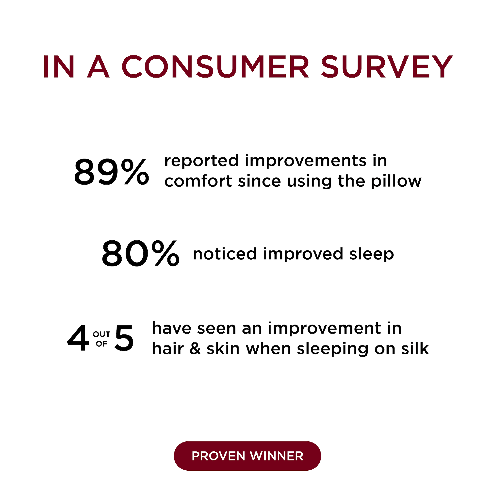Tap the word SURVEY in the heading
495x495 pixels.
[x=387, y=67]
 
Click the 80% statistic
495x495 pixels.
[x=140, y=253]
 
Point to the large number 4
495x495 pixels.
[x=78, y=338]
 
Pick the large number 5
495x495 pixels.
[x=124, y=338]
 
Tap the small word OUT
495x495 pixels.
[x=101, y=334]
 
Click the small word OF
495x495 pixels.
[x=101, y=344]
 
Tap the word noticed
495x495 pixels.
[x=225, y=254]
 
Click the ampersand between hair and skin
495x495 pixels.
[x=195, y=349]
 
